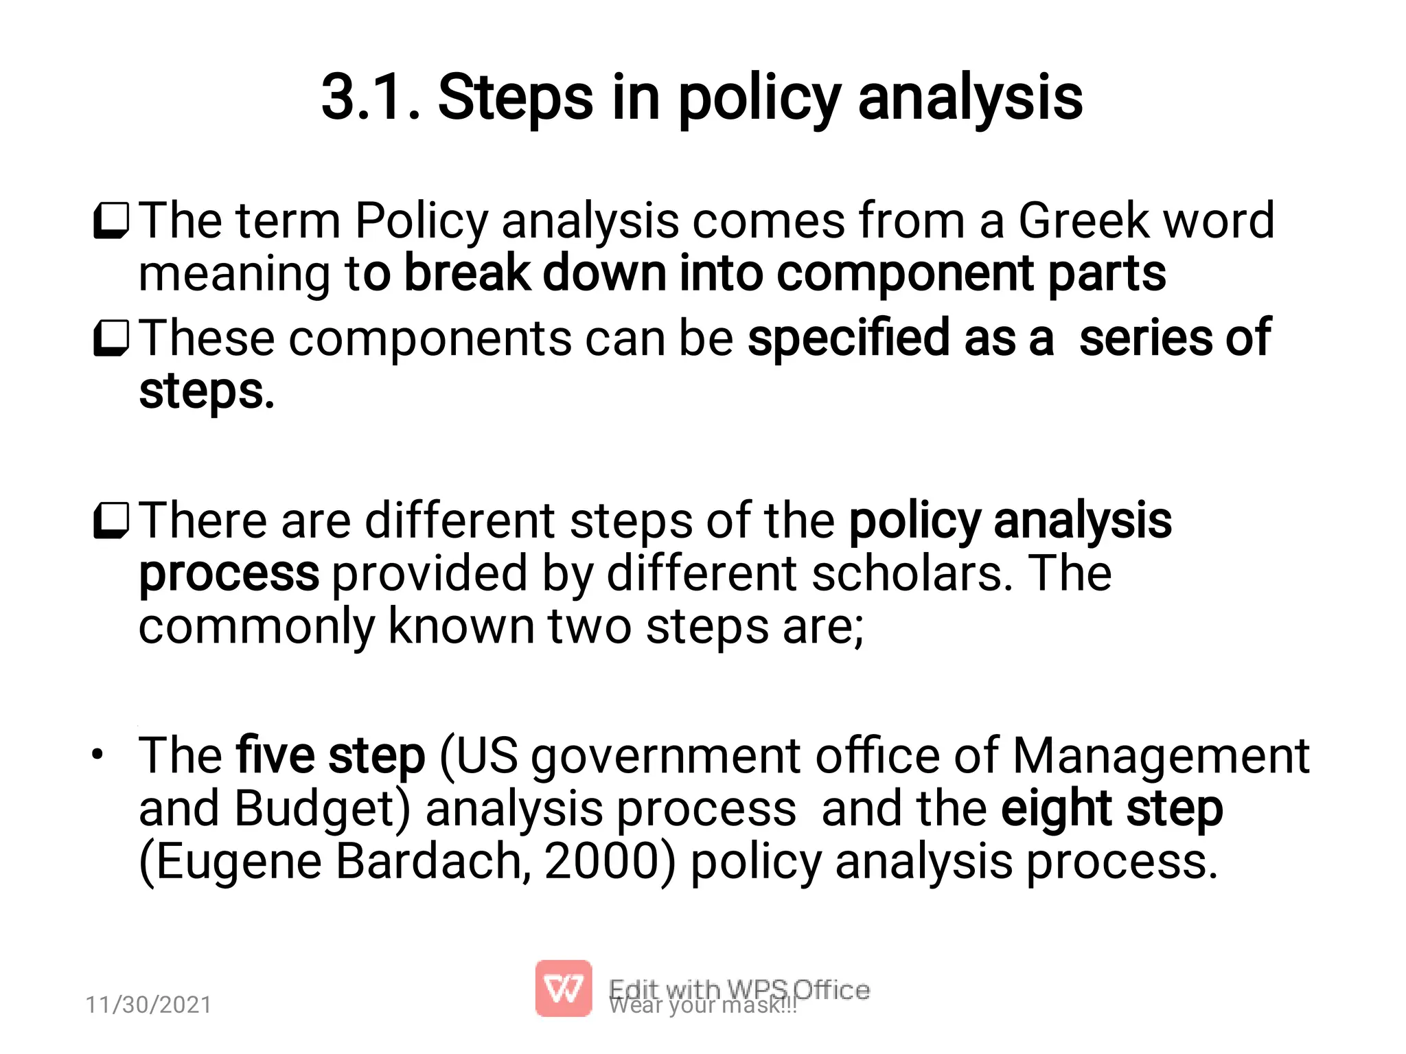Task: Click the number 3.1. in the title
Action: pos(370,98)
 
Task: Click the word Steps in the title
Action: pos(515,98)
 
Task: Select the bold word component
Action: pos(906,273)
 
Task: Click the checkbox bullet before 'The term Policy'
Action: pos(111,220)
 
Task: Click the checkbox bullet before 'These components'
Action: pos(111,339)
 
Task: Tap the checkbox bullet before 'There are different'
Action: pos(111,520)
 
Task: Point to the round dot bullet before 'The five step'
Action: pos(98,755)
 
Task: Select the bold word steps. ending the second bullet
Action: pos(207,391)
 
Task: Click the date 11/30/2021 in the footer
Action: pos(148,1005)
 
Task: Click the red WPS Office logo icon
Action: pos(563,988)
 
